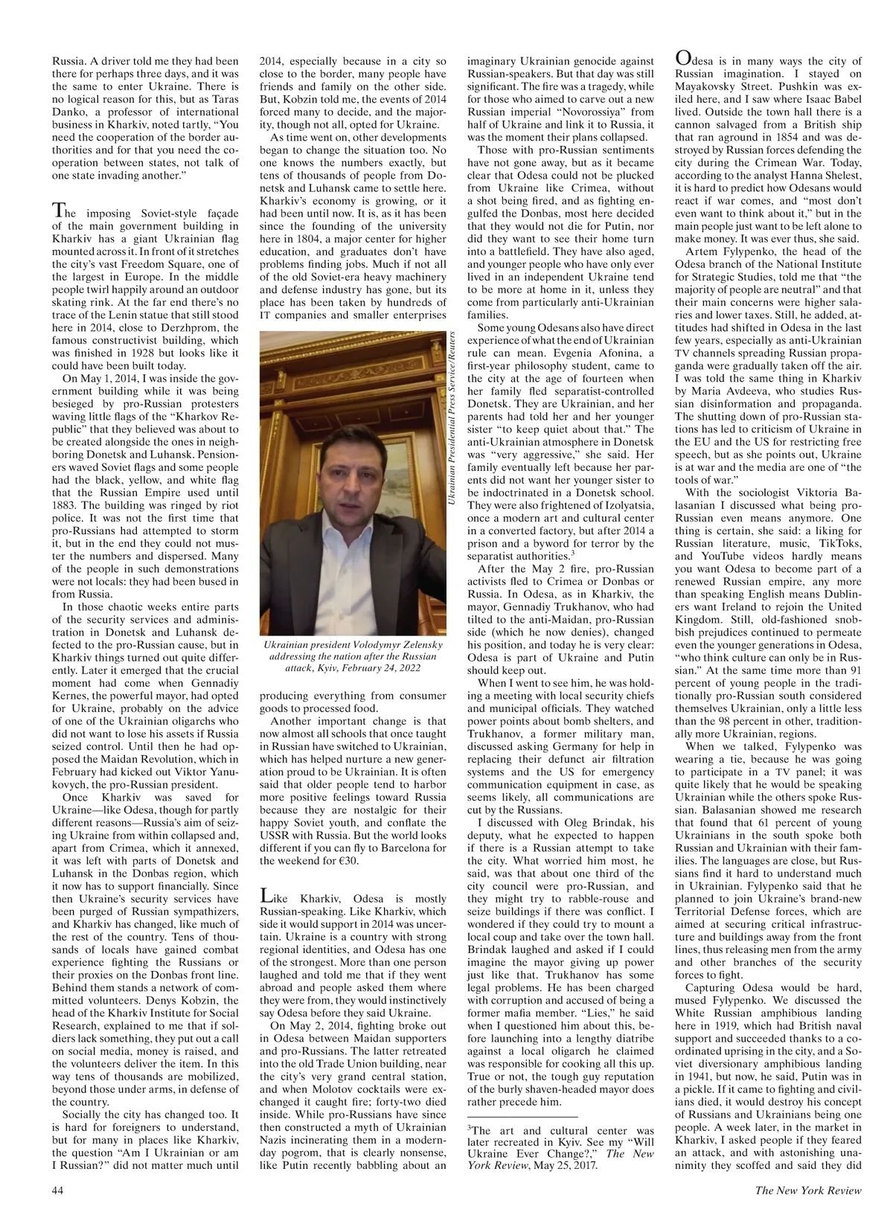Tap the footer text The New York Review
click(x=808, y=1190)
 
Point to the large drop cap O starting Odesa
click(x=684, y=58)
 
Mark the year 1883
click(x=66, y=517)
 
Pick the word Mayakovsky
click(x=710, y=87)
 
